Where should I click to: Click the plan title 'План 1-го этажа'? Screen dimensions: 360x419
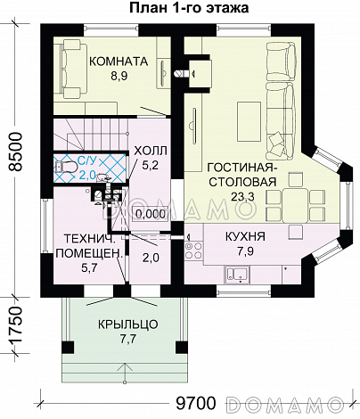click(189, 8)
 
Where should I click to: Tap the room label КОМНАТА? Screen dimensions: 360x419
click(119, 62)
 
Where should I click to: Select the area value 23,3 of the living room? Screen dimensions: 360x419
click(242, 196)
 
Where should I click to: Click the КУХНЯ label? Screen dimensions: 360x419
click(245, 236)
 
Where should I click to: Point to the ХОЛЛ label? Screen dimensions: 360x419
click(151, 151)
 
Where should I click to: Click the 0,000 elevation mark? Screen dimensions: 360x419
click(151, 214)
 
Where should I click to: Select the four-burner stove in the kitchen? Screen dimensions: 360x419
click(193, 251)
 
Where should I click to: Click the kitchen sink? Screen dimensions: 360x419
click(238, 275)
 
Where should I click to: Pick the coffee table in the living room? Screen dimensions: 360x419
click(249, 121)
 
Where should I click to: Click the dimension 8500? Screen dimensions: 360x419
click(15, 152)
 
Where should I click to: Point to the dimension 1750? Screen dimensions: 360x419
click(15, 325)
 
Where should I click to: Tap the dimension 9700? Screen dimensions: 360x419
click(195, 403)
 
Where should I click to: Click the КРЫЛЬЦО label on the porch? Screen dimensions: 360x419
click(128, 325)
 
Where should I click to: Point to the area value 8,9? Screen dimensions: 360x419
click(119, 76)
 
